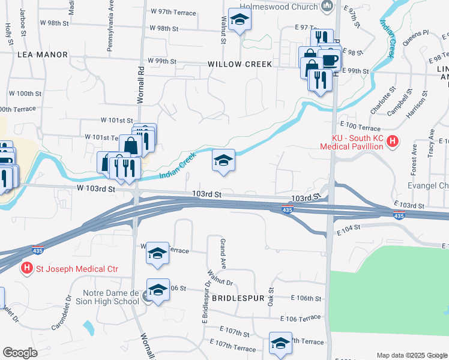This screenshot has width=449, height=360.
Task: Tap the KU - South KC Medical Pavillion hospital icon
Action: coord(393,142)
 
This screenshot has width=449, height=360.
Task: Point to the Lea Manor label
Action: coord(43,54)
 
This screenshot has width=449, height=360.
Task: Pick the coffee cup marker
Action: coord(329,60)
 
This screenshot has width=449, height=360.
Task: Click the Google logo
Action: coord(20,353)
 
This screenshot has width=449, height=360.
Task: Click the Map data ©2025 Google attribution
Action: coord(411,355)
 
